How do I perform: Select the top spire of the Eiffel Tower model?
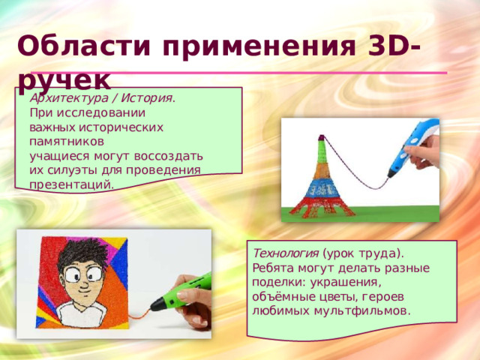click(x=321, y=141)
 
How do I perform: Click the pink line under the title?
click(x=285, y=73)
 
